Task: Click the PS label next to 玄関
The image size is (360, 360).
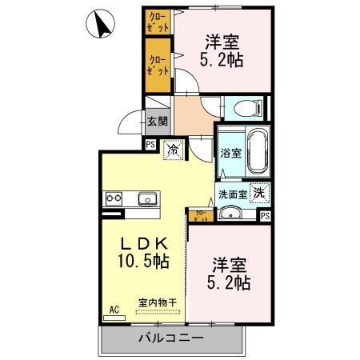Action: coord(150,144)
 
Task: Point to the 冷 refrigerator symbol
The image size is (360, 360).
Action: coord(173,148)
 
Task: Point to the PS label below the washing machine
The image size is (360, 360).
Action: coord(265,214)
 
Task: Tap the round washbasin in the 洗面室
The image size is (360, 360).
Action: coord(230,213)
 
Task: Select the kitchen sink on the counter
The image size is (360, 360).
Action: coord(148,198)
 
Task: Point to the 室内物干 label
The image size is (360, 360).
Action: coord(158,302)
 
